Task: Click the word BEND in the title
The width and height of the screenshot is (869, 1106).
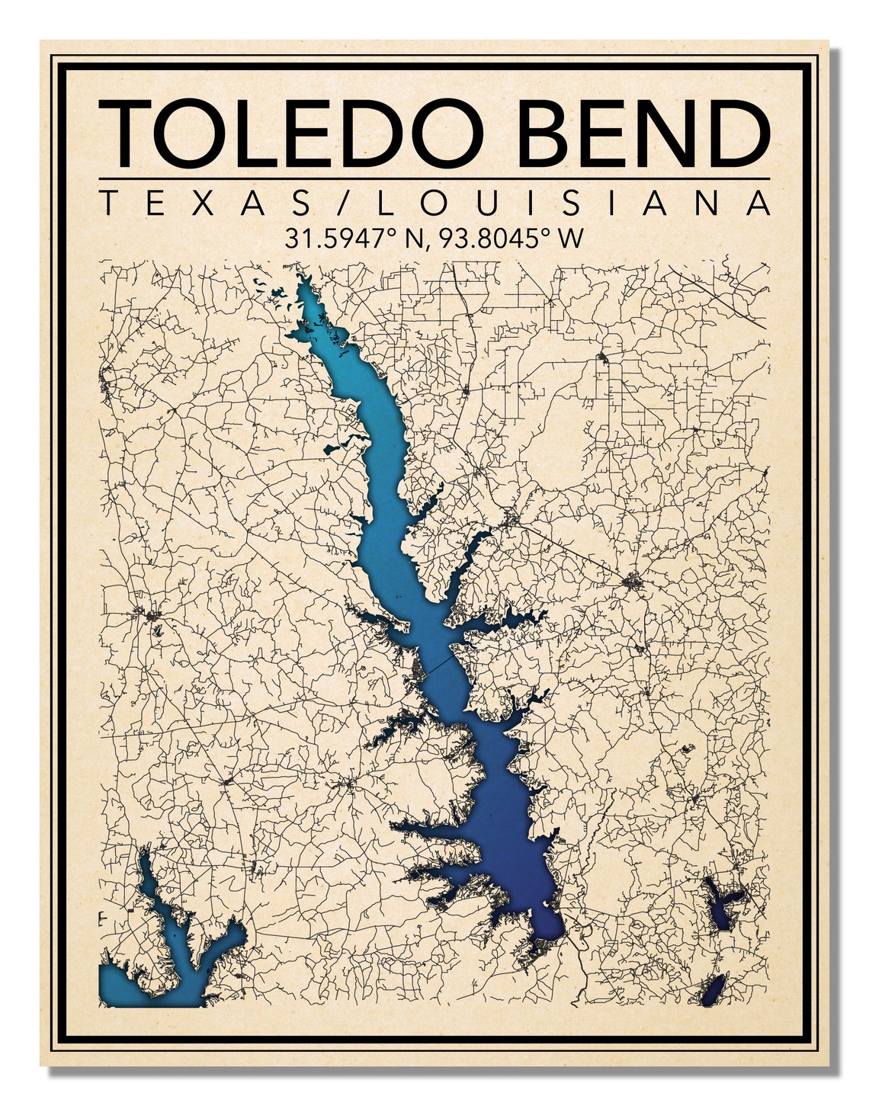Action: [x=647, y=133]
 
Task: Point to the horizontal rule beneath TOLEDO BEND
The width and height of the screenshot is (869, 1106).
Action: [x=434, y=179]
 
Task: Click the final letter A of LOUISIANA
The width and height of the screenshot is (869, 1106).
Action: [x=758, y=204]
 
